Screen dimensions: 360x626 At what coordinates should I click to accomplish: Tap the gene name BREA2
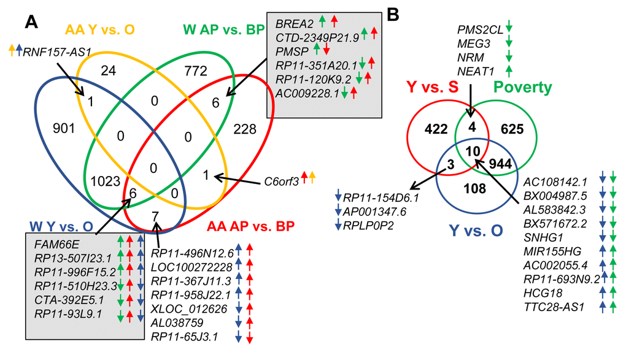click(295, 23)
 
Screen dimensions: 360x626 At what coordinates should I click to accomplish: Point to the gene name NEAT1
click(476, 71)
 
